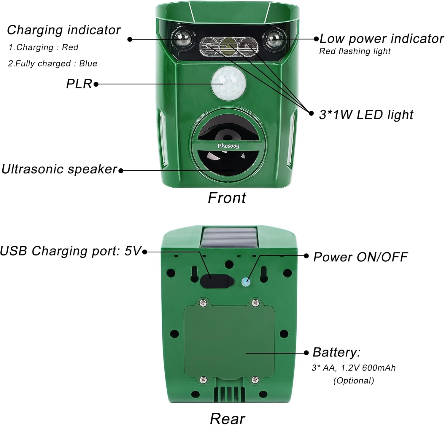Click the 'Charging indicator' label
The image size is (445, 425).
coord(64,30)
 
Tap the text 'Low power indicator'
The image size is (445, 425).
coord(382,39)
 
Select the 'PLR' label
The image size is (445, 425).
coord(79,84)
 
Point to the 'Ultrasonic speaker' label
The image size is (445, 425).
coord(59,169)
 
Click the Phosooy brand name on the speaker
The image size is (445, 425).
coord(228,146)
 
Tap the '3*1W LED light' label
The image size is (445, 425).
coord(366,115)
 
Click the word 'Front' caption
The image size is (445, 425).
coord(227,198)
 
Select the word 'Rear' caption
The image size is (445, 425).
coord(228,419)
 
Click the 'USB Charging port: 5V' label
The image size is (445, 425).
coord(70,251)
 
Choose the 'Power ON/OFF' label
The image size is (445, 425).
coord(360,257)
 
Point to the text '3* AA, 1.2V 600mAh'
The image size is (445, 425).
coord(354,368)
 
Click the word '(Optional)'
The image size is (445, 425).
coord(354,381)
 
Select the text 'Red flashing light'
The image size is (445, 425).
coord(355,51)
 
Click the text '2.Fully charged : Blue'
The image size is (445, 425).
coord(53,63)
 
